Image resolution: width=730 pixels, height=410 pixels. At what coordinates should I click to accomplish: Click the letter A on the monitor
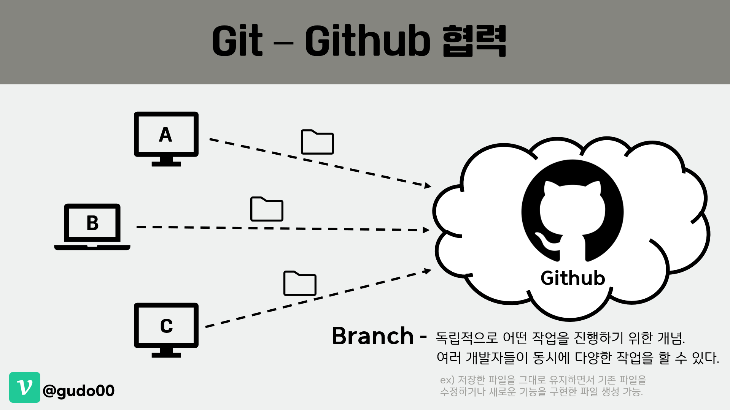[165, 135]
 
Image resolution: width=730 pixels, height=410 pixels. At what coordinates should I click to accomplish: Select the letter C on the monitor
[166, 326]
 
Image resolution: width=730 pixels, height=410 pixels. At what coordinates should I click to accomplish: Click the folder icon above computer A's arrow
[317, 142]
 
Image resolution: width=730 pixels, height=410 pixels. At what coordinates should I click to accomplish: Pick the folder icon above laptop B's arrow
[267, 209]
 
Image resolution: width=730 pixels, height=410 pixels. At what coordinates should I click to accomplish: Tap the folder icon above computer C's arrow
[300, 283]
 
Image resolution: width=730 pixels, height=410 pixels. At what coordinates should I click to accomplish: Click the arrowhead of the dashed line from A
[428, 185]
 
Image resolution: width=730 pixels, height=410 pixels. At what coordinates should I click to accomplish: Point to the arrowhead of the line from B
[426, 230]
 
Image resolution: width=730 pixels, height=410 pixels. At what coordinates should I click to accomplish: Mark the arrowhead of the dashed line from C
[428, 271]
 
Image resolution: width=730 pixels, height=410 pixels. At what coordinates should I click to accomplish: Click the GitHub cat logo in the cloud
[572, 211]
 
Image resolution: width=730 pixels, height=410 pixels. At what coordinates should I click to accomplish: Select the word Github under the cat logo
[573, 278]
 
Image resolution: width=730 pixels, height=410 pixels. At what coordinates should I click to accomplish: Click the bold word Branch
[373, 336]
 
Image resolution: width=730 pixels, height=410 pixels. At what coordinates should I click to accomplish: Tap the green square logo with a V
[25, 387]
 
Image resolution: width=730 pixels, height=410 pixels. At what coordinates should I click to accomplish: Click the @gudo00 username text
[79, 391]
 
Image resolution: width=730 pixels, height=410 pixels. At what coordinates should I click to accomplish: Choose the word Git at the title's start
[237, 41]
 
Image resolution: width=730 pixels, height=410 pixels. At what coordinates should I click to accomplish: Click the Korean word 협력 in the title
[474, 41]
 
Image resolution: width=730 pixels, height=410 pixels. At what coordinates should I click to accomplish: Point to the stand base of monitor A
[166, 164]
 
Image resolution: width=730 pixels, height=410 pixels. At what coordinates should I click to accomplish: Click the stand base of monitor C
[166, 355]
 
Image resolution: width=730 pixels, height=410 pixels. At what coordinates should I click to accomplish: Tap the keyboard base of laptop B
[92, 248]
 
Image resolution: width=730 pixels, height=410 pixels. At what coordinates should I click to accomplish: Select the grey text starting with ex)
[543, 385]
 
